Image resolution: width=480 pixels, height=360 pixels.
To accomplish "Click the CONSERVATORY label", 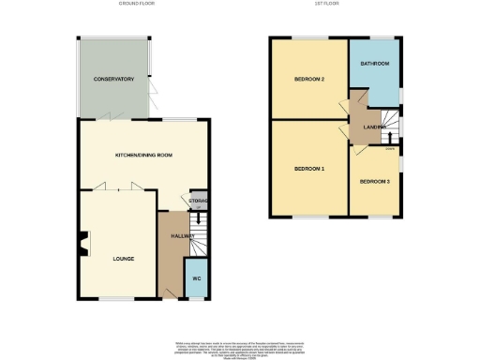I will tap(114, 80).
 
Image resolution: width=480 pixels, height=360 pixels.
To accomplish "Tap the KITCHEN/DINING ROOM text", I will tap(145, 154).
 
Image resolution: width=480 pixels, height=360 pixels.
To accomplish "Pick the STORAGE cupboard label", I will tap(198, 199).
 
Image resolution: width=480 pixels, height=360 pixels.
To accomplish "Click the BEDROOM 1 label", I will tap(309, 169).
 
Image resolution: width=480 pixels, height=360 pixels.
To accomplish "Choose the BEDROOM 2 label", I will tap(309, 80).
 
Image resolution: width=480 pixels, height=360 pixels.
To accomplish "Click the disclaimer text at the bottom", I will tap(240, 347).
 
